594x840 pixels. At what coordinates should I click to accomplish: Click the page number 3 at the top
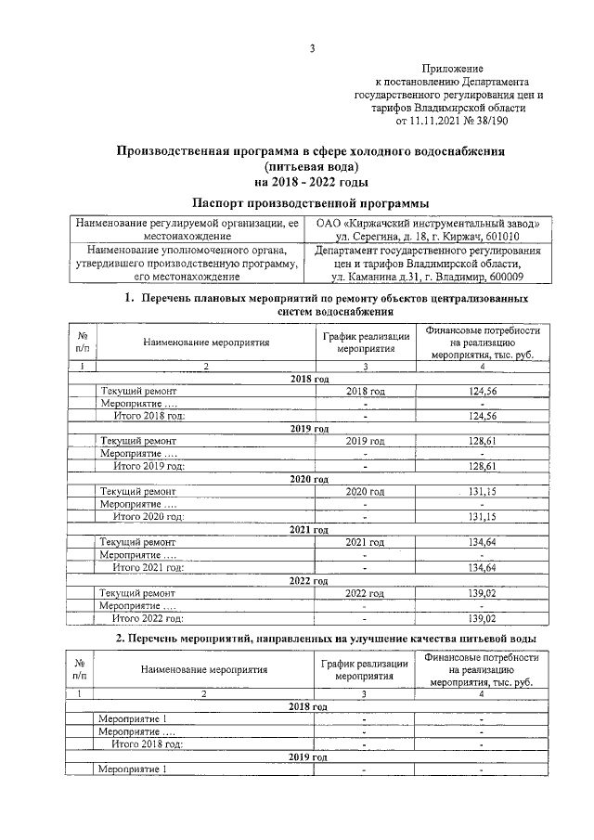tap(313, 48)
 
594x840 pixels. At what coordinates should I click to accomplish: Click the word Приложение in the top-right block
tap(453, 70)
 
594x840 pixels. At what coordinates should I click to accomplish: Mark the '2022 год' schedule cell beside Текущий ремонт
tap(364, 592)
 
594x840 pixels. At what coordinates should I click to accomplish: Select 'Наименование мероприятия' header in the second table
tap(205, 668)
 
